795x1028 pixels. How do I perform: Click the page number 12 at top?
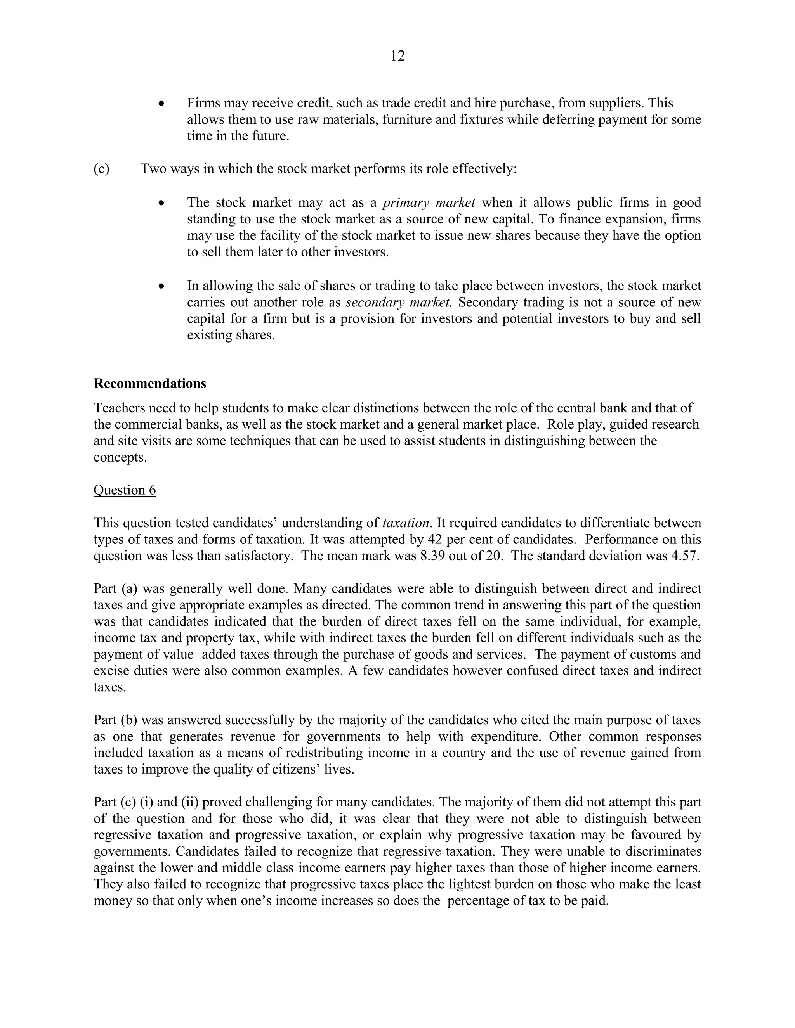point(397,56)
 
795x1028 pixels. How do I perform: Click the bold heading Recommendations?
point(150,384)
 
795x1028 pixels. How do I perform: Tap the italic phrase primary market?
point(429,203)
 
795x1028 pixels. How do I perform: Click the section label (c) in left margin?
point(101,169)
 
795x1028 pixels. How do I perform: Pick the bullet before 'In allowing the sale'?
point(161,286)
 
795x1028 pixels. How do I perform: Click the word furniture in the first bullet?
point(406,119)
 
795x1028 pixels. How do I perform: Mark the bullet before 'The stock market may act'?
point(161,203)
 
